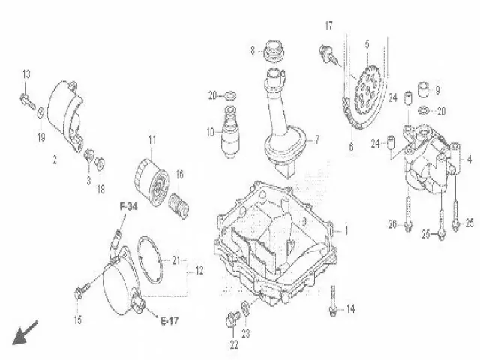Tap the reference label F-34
click(128, 206)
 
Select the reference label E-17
click(170, 321)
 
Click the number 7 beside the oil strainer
click(316, 139)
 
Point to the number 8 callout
click(253, 50)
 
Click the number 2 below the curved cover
click(54, 160)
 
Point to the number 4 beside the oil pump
click(469, 159)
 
